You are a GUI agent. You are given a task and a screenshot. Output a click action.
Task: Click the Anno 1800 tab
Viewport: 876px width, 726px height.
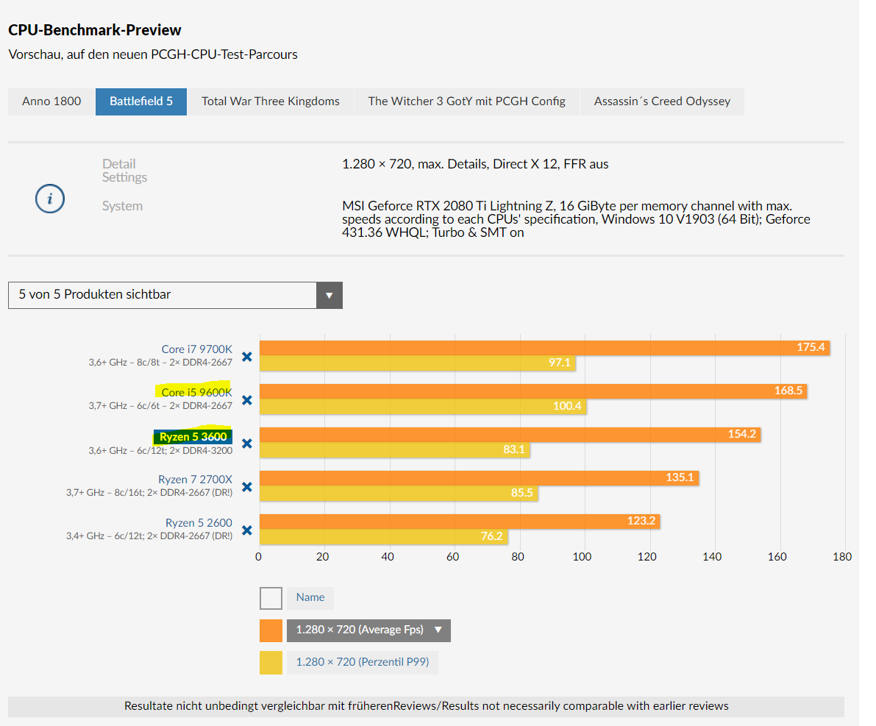pyautogui.click(x=51, y=102)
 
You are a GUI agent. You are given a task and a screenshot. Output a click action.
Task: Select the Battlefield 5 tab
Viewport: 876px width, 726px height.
pyautogui.click(x=141, y=102)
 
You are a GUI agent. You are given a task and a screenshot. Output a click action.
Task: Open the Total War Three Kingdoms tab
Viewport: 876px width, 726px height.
pyautogui.click(x=271, y=102)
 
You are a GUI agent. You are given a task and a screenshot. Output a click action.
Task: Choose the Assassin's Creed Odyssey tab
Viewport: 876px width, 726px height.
pyautogui.click(x=662, y=102)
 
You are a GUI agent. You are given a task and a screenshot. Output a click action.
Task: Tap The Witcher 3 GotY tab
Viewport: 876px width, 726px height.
pyautogui.click(x=466, y=102)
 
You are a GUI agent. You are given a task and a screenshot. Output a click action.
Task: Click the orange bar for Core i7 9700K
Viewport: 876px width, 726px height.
pyautogui.click(x=544, y=347)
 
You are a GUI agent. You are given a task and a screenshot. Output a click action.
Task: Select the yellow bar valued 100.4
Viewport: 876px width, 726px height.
pyautogui.click(x=423, y=405)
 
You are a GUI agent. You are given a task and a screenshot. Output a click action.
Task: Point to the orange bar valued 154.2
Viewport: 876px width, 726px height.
pyautogui.click(x=510, y=434)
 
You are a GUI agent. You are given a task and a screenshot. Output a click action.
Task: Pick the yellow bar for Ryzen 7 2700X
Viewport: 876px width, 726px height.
pyautogui.click(x=398, y=492)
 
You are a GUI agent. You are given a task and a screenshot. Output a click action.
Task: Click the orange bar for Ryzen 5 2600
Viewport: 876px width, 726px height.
pyautogui.click(x=460, y=521)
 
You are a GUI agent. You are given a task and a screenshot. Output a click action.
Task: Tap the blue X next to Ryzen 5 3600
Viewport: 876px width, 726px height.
pyautogui.click(x=247, y=444)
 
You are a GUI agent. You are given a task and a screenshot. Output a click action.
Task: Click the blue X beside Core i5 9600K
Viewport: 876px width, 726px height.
pyautogui.click(x=247, y=400)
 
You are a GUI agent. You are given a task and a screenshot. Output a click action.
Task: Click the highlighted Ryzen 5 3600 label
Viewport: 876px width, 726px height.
pyautogui.click(x=193, y=437)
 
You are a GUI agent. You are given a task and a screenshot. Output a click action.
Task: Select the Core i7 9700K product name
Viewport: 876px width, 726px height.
pyautogui.click(x=196, y=349)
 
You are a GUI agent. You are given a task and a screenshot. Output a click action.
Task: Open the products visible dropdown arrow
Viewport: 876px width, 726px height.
pyautogui.click(x=329, y=295)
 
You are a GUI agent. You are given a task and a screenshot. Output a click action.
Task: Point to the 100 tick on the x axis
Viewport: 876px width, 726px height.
pyautogui.click(x=583, y=557)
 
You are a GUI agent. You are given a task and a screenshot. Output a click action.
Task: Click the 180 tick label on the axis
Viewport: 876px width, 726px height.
pyautogui.click(x=842, y=557)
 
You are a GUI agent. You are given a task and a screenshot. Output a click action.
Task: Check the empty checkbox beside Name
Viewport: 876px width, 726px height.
pyautogui.click(x=271, y=598)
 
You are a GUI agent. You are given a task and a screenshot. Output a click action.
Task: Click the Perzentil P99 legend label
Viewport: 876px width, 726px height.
pyautogui.click(x=362, y=663)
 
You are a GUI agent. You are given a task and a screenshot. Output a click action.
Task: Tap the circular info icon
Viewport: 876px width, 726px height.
pyautogui.click(x=50, y=199)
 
